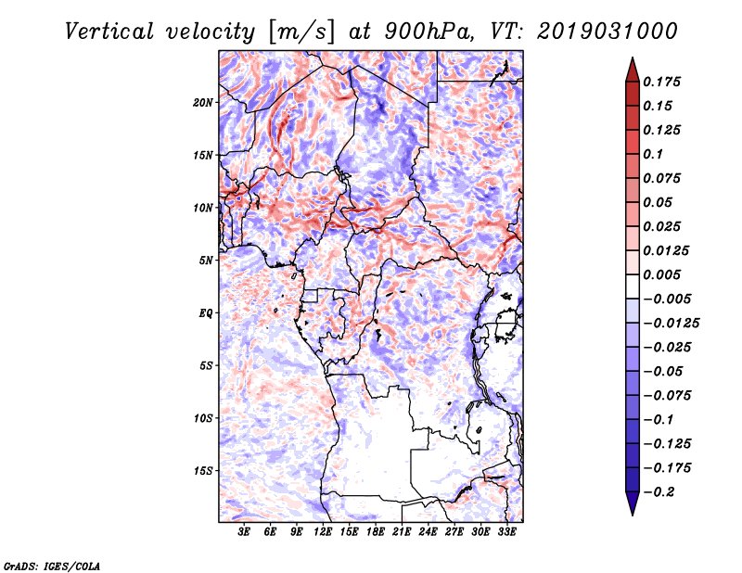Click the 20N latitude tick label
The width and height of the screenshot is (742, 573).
(203, 102)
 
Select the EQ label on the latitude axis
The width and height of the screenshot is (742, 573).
(207, 313)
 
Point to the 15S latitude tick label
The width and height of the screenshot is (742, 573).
(203, 471)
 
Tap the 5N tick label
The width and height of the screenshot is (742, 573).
(206, 261)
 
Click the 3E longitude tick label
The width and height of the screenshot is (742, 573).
(245, 532)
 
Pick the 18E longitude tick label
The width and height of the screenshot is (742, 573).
(376, 532)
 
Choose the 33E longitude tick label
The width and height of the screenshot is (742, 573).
(506, 532)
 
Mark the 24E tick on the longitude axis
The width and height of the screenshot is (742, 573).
(428, 532)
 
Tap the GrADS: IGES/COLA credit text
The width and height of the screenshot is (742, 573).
(52, 564)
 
